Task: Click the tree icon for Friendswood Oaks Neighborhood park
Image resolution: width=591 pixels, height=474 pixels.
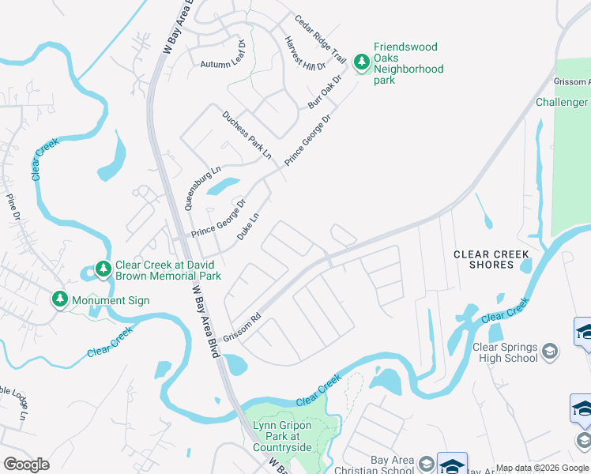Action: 362,62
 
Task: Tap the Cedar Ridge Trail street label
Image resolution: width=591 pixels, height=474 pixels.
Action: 321,39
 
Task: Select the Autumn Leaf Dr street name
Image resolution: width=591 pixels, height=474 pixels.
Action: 224,64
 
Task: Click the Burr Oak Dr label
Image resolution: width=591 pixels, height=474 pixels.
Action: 326,92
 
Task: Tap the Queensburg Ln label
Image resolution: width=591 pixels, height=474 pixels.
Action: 202,187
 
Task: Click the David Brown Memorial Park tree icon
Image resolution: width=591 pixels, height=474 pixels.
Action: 103,270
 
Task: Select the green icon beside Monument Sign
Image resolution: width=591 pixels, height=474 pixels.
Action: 59,299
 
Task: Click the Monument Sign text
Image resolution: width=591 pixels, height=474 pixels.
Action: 110,301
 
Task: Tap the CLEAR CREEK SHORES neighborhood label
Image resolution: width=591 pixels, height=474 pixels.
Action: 491,259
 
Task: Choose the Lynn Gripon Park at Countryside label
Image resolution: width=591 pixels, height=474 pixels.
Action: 282,436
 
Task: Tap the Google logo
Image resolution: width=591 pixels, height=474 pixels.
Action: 26,464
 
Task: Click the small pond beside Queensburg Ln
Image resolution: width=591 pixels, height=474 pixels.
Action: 224,186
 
